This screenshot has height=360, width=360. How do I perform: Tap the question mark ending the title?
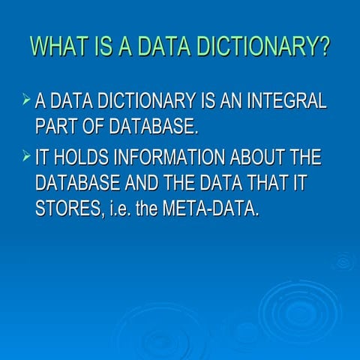pos(324,46)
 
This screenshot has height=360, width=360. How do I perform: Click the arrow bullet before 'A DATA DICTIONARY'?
pos(26,99)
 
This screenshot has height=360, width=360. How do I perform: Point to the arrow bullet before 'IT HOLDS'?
pos(26,155)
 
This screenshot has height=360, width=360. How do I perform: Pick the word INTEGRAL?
pos(286,100)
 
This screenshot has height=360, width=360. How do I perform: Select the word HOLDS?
pos(81,157)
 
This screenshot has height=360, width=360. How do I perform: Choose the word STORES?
pos(69,208)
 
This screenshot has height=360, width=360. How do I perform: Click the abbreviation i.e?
pos(121,208)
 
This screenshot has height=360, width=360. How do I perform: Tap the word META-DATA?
pos(211,208)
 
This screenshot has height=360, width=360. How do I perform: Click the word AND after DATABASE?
pos(142,182)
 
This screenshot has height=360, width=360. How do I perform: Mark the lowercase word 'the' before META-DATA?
pos(147,208)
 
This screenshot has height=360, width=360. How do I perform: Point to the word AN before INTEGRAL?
pos(231,100)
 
